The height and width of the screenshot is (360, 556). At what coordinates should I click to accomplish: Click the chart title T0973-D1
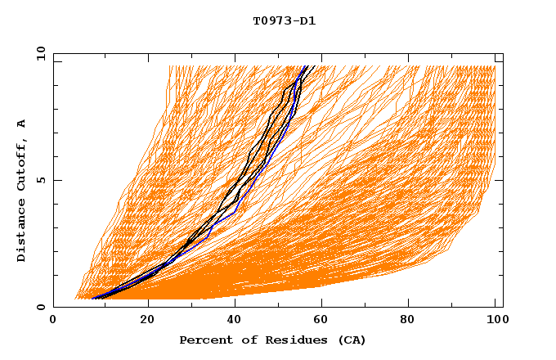click(284, 20)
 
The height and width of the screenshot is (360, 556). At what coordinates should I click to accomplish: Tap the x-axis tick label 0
click(53, 322)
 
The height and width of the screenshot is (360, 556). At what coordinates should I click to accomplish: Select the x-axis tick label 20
click(148, 322)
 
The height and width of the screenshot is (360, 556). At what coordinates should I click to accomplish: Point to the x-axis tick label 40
click(236, 322)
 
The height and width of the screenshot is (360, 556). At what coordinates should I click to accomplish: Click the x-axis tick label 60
click(325, 322)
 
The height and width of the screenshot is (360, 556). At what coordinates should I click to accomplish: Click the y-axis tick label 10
click(39, 53)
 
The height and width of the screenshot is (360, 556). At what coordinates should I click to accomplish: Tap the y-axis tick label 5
click(39, 180)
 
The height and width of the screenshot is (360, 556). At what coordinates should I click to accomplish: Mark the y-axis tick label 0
click(39, 307)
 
